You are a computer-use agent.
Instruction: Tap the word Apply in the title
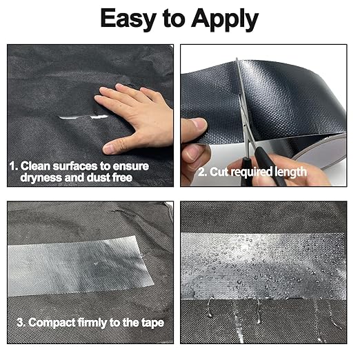(225, 19)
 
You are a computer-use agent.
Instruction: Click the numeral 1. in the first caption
(14, 166)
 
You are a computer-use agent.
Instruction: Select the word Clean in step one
(35, 166)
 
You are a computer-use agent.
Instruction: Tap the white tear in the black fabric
(83, 117)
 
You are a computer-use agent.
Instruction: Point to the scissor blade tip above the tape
(237, 59)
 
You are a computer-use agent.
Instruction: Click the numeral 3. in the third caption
(21, 323)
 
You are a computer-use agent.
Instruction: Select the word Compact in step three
(52, 323)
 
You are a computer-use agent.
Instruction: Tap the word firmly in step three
(92, 323)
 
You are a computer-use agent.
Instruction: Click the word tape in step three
(152, 323)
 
